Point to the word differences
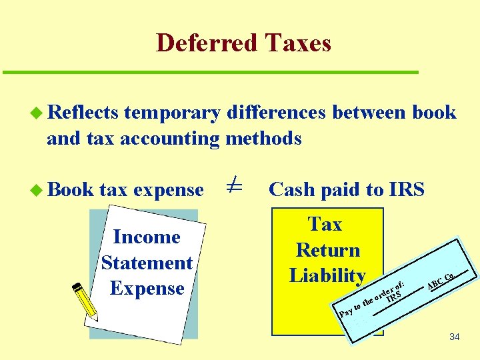click(x=276, y=113)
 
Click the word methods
click(x=264, y=139)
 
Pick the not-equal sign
click(x=233, y=187)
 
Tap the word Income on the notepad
click(x=147, y=237)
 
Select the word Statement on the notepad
click(x=147, y=263)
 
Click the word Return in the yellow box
click(x=327, y=250)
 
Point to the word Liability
click(x=327, y=275)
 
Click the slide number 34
click(x=454, y=337)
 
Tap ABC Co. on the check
click(x=441, y=281)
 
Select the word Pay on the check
click(x=345, y=311)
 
